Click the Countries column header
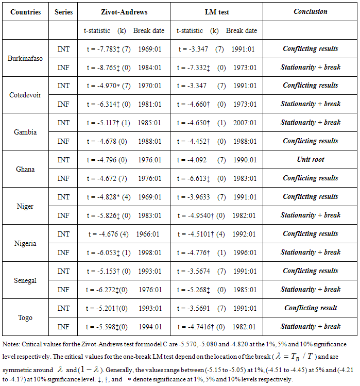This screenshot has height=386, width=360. (x=24, y=11)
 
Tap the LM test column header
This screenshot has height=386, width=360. (x=216, y=11)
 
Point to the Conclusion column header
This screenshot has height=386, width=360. (x=310, y=11)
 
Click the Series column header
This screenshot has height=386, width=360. (x=63, y=11)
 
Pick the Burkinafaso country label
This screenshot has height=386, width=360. (x=25, y=58)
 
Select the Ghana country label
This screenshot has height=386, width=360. (x=25, y=169)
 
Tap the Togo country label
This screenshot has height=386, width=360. (x=25, y=317)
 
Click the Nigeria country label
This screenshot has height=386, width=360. (x=25, y=243)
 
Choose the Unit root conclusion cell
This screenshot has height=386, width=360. (x=310, y=160)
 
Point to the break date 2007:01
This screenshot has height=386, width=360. (x=246, y=123)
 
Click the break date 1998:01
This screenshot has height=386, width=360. (x=150, y=253)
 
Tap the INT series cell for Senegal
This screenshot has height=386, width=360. (x=63, y=271)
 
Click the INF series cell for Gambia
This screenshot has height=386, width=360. (x=63, y=141)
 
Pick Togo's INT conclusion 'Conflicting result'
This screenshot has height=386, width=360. (x=310, y=308)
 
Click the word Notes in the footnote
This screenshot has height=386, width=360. (x=12, y=344)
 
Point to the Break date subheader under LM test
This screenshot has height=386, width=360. (x=242, y=31)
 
